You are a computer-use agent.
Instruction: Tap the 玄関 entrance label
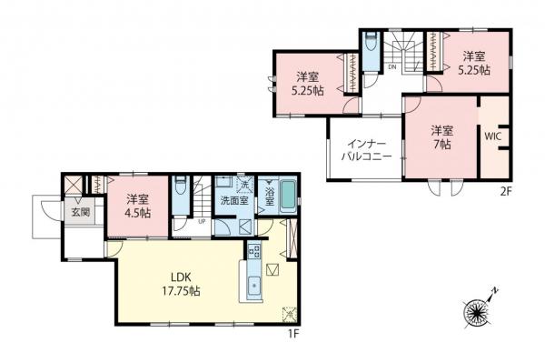(x=44, y=213)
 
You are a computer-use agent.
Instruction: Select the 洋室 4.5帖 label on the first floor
(x=138, y=207)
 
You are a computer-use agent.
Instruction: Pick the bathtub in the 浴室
(x=290, y=195)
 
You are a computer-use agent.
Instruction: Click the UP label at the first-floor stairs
(x=201, y=220)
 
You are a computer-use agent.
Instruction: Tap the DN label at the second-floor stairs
(x=391, y=66)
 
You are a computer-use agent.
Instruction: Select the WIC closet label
(x=492, y=136)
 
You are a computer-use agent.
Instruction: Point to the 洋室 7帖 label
(x=441, y=136)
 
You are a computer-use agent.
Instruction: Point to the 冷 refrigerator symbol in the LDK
(x=290, y=314)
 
